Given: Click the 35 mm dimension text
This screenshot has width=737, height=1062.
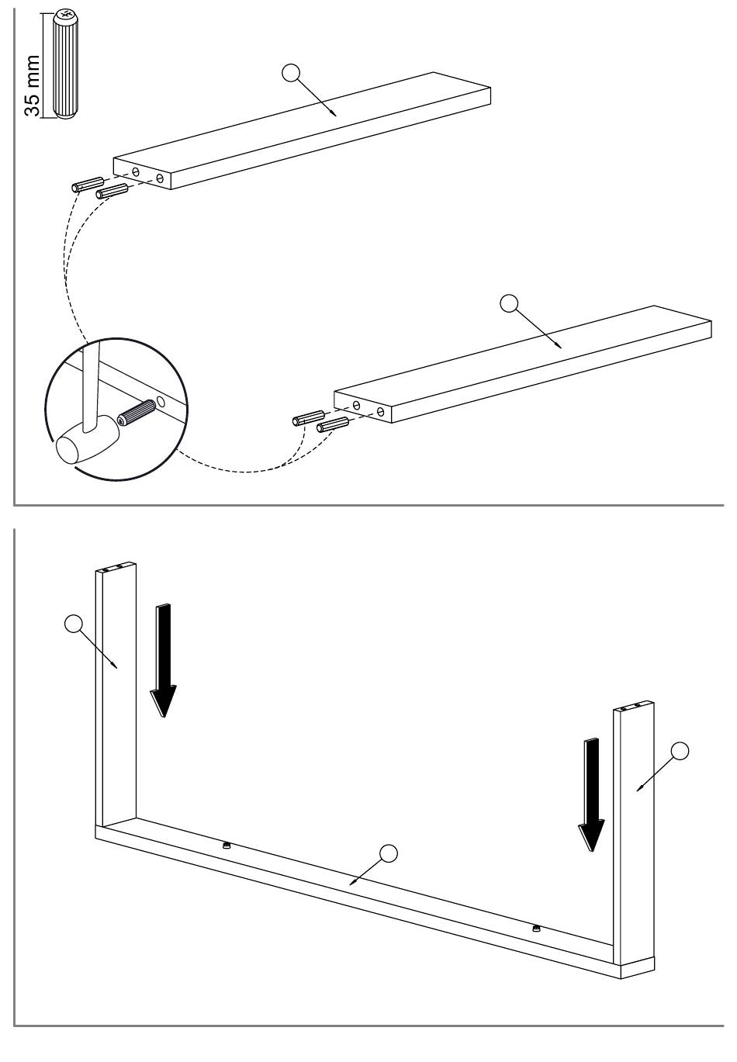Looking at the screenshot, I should click(33, 85).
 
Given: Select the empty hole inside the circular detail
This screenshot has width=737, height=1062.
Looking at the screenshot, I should click(161, 402).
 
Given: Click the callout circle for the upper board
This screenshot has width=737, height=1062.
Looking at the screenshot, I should click(290, 73).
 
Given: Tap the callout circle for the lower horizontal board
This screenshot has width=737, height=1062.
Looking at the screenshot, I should click(509, 303).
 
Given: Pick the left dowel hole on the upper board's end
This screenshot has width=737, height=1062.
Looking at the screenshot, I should click(136, 171).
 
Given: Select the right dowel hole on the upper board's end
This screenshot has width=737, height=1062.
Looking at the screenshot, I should click(159, 178).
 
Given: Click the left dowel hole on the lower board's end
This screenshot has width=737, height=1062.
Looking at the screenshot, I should click(356, 404).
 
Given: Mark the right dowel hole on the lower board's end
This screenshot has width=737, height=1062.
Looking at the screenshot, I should click(380, 411).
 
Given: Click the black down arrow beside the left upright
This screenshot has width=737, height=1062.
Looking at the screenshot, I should click(164, 660).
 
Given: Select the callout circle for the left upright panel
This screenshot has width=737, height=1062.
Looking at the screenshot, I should click(74, 624).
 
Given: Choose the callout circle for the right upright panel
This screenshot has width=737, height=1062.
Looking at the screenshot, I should click(680, 750).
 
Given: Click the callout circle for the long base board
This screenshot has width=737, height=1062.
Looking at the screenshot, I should click(389, 854).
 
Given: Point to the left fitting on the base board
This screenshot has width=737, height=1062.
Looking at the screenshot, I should click(226, 846).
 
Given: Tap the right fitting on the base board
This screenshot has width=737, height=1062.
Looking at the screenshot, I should click(536, 928).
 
